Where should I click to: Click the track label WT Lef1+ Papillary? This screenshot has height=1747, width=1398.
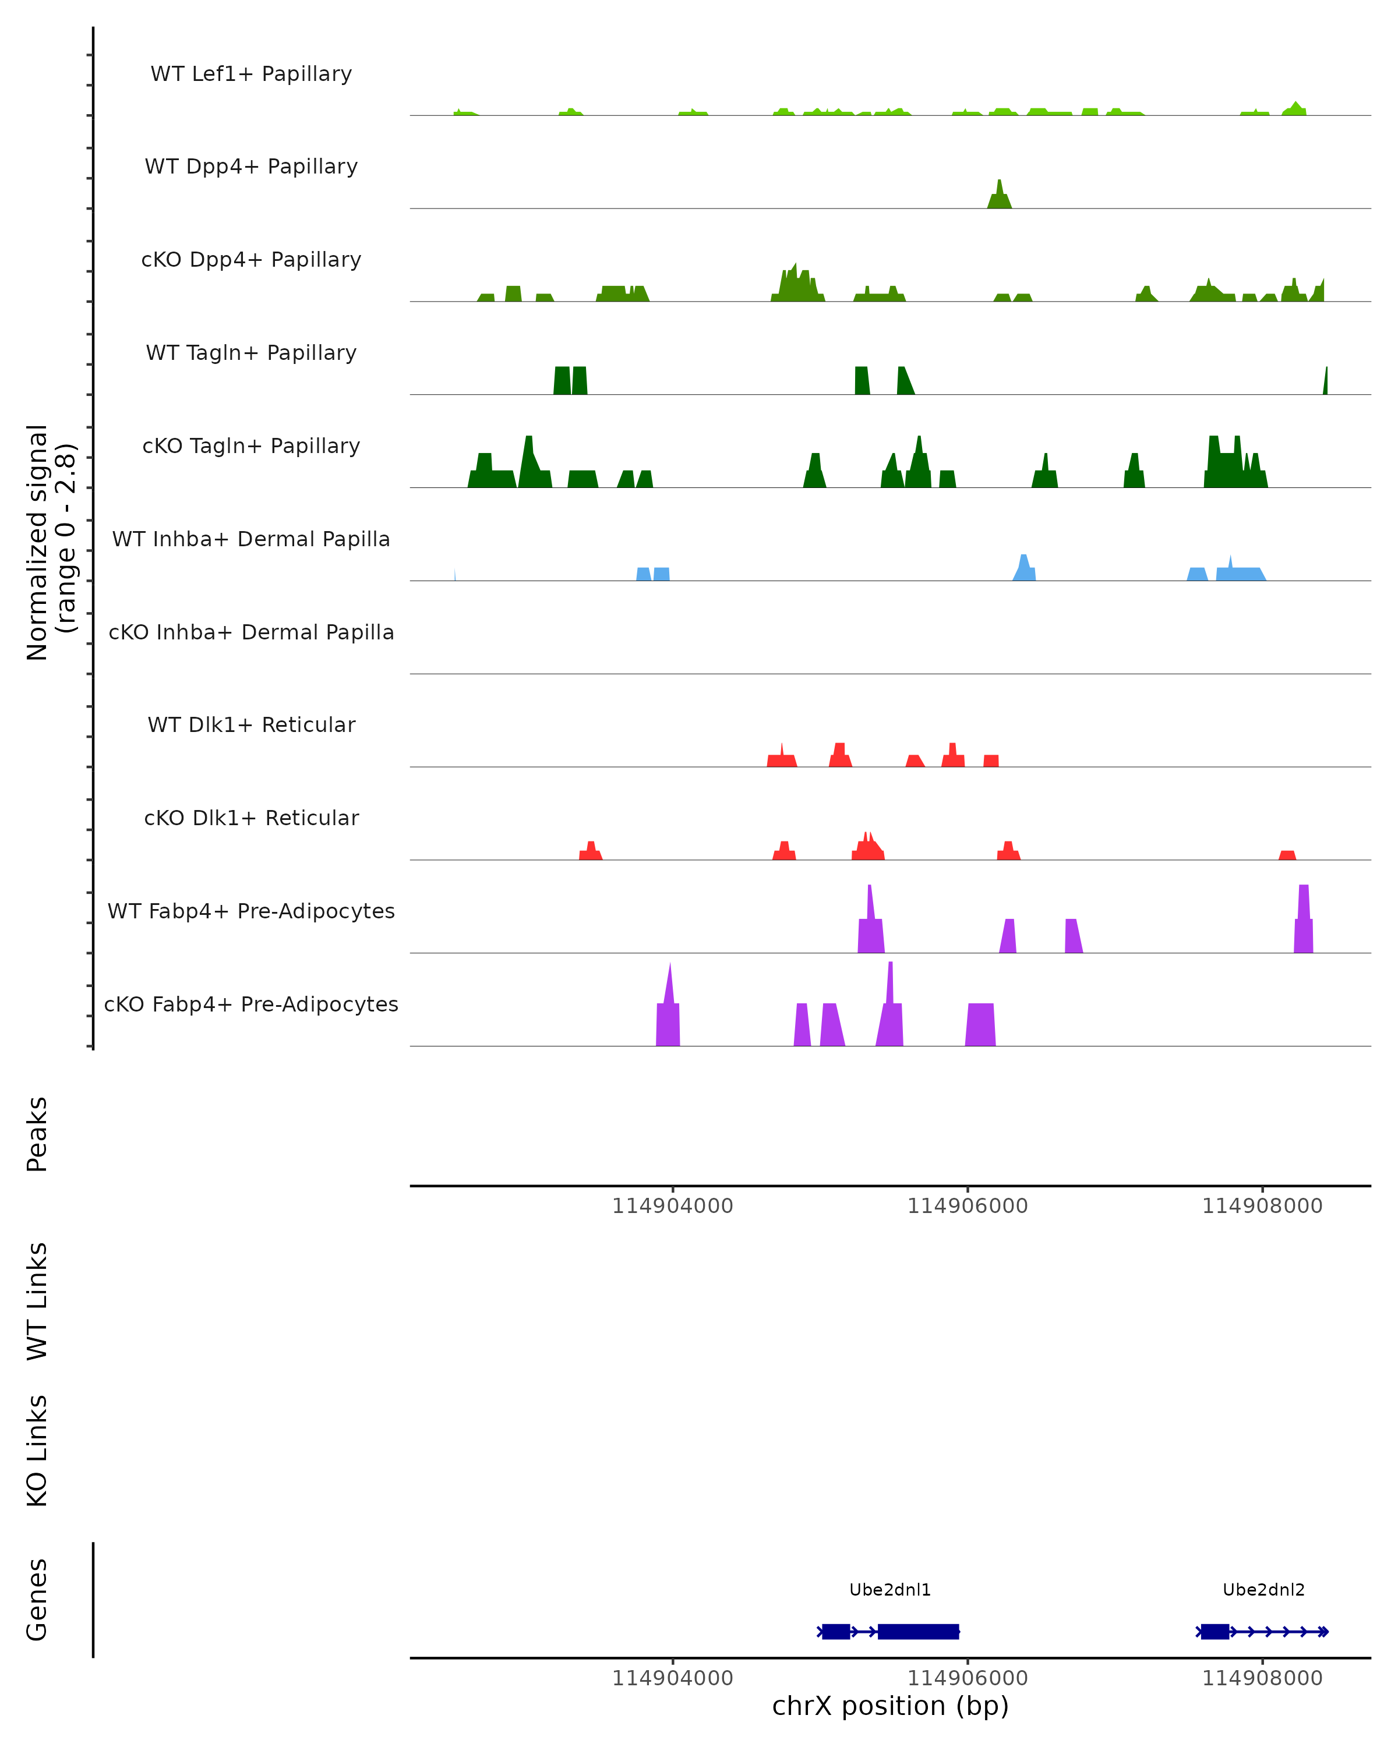coord(251,74)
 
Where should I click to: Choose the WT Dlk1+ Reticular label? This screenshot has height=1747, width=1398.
coord(251,724)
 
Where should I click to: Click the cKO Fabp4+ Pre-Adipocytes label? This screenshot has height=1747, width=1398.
coord(251,1004)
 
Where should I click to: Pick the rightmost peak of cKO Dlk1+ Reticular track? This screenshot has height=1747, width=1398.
coord(1287,855)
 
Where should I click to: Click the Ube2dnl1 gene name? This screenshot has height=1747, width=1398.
coord(890,1590)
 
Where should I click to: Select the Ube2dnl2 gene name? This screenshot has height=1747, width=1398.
coord(1263,1590)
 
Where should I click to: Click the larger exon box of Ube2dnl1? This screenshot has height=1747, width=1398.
coord(918,1631)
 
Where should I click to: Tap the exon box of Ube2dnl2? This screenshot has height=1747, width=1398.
coord(1214,1631)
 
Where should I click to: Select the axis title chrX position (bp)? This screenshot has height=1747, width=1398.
coord(890,1706)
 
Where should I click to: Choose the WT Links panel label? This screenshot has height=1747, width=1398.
coord(37,1300)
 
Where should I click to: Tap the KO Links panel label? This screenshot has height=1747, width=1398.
coord(37,1451)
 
